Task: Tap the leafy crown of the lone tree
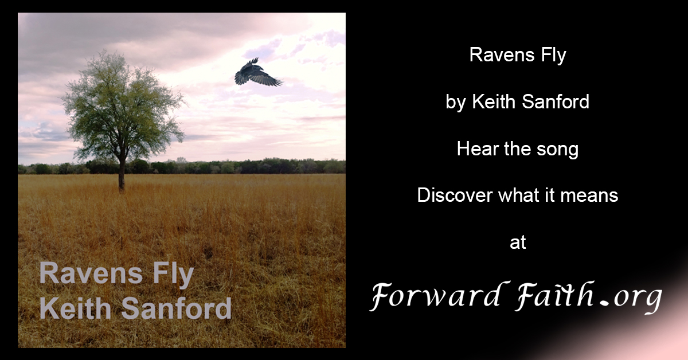pyautogui.click(x=122, y=103)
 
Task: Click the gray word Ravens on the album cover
pyautogui.click(x=84, y=273)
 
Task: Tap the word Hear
pyautogui.click(x=474, y=149)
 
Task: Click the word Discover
pyautogui.click(x=452, y=195)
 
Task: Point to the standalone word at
pyautogui.click(x=518, y=242)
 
